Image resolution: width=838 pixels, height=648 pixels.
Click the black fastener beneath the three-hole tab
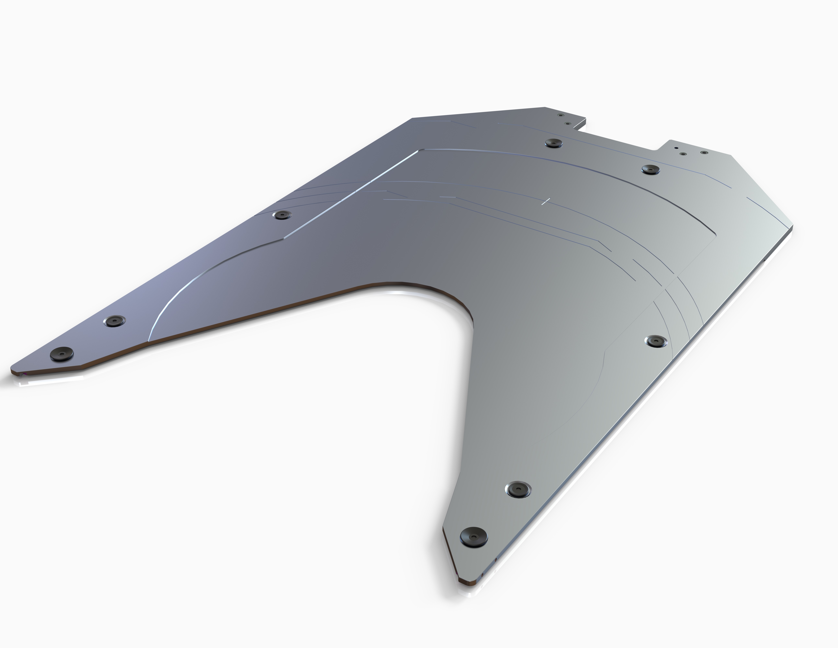point(651,169)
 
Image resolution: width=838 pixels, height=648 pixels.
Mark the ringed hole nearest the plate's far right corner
point(704,152)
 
